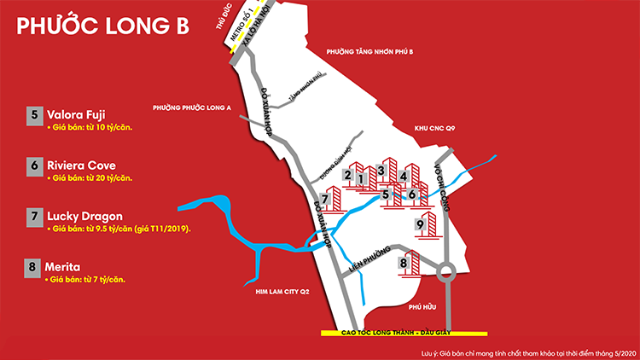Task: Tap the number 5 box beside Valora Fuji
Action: [34, 113]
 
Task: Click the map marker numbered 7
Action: [324, 200]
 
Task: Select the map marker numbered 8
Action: [403, 264]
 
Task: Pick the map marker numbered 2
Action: [347, 175]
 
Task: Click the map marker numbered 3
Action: [381, 170]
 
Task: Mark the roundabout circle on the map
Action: [445, 275]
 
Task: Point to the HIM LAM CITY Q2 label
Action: [282, 292]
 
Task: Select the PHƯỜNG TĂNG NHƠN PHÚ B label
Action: [369, 52]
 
